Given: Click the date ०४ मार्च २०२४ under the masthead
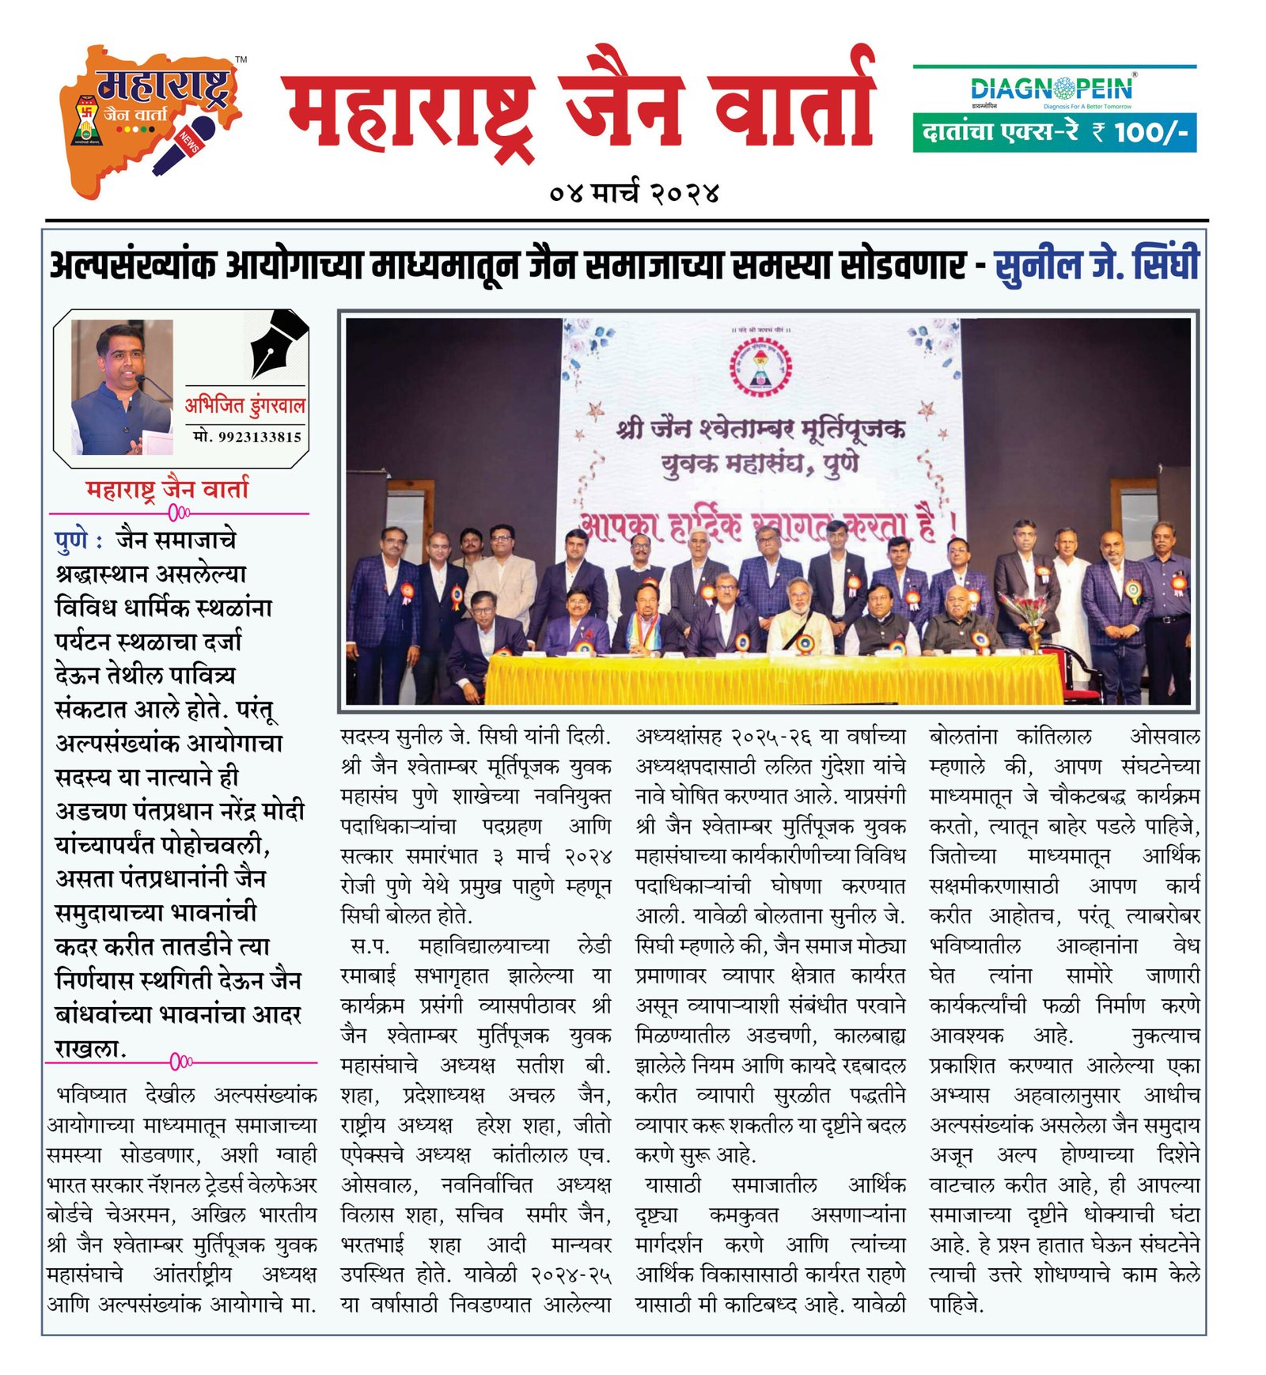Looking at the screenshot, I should click(633, 193).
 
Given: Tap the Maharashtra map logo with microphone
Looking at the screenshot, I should click(150, 119).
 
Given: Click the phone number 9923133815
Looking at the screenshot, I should click(248, 437).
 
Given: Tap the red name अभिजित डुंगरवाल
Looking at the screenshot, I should click(244, 406).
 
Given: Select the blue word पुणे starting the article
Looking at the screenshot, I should click(71, 540).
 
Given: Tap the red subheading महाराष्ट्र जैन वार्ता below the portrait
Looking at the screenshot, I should click(167, 490).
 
